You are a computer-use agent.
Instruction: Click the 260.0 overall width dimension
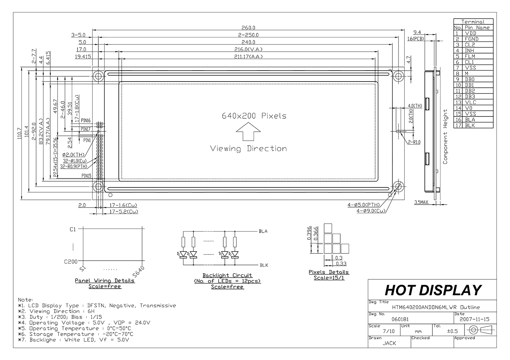click(248, 28)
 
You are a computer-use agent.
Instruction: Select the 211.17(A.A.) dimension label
click(248, 56)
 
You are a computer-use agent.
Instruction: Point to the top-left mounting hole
click(98, 76)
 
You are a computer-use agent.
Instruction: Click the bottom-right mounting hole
click(398, 187)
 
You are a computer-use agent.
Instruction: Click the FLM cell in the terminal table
click(470, 56)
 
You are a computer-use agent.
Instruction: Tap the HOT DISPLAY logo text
click(433, 290)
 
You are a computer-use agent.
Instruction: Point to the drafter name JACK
click(389, 343)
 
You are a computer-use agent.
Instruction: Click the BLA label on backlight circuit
click(263, 231)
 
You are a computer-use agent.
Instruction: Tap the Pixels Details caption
click(329, 272)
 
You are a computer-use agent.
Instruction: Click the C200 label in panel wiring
click(71, 261)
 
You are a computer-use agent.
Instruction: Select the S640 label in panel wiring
click(139, 271)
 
